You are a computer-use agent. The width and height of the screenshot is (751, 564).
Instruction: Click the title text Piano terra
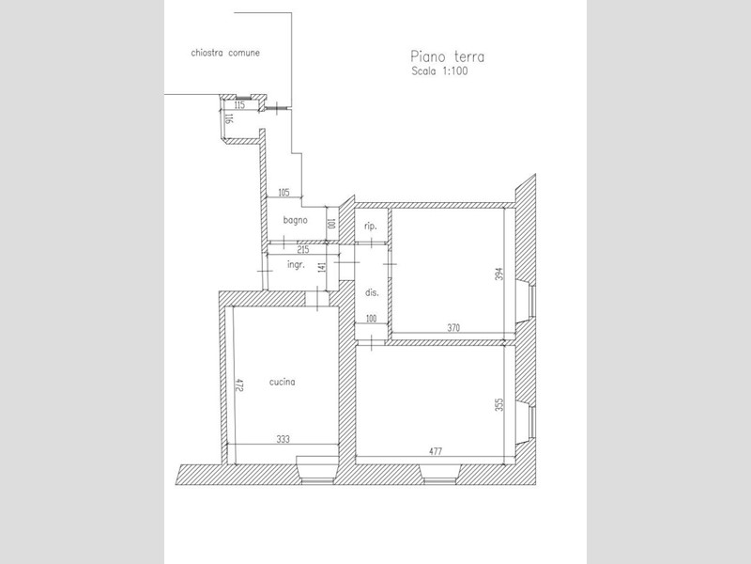pos(448,56)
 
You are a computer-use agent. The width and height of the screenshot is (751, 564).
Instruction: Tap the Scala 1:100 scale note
pos(439,71)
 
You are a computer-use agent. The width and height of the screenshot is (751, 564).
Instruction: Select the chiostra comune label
pos(225,53)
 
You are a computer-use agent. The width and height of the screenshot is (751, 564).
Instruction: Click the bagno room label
pos(295,220)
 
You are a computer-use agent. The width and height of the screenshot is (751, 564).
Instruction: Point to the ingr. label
pos(296,264)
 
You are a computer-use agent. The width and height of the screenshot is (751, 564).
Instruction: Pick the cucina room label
pos(283,383)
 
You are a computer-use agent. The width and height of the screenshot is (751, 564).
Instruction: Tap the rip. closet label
pos(370,226)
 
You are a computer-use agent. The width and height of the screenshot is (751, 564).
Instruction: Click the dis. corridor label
pos(372,292)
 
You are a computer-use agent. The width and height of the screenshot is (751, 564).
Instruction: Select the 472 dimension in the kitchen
pos(239,385)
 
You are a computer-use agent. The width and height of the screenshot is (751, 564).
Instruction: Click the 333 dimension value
pos(284,439)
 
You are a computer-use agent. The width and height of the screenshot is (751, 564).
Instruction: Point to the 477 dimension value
pos(436,451)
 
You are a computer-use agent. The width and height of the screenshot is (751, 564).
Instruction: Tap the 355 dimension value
pos(499,405)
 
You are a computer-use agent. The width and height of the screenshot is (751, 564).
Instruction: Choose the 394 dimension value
pos(499,274)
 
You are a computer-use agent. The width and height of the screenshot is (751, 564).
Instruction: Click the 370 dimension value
pos(453,327)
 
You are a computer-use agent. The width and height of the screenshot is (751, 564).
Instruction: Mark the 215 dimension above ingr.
pos(302,250)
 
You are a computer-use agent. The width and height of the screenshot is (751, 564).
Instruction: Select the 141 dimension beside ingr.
pos(322,267)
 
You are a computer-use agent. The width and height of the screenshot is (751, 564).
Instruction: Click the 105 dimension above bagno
pos(284,193)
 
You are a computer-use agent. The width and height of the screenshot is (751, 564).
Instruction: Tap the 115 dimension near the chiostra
pos(239,105)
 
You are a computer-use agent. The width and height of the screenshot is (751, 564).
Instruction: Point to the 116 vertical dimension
pos(229,118)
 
